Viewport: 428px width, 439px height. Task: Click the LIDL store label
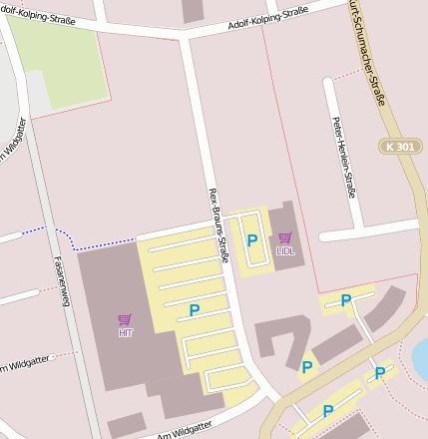coord(285,251)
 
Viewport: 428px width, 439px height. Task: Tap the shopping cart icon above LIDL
coord(285,238)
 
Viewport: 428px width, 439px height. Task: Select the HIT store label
coord(125,333)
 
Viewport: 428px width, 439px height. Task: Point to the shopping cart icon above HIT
coord(125,320)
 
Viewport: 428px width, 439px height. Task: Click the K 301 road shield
coord(400,147)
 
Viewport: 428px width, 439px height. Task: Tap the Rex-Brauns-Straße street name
coord(219,225)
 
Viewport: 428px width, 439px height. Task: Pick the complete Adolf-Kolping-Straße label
coord(267,17)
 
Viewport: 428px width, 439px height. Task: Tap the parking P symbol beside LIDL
coord(252,240)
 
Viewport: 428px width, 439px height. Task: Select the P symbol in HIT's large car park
coord(194,310)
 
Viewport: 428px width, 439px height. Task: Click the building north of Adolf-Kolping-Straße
coord(193,9)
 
